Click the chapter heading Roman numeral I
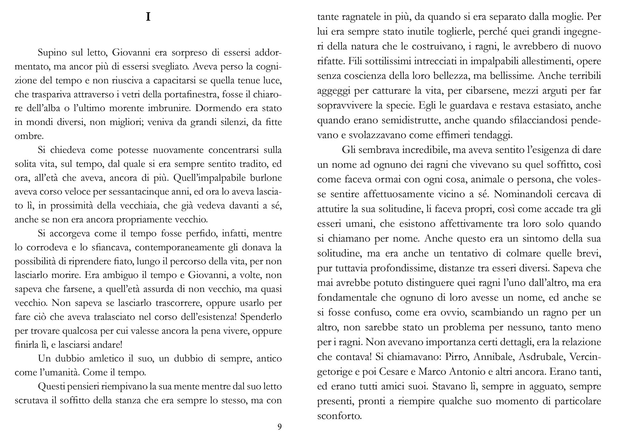pyautogui.click(x=148, y=17)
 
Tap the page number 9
pyautogui.click(x=279, y=427)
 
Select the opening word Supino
pyautogui.click(x=52, y=53)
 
